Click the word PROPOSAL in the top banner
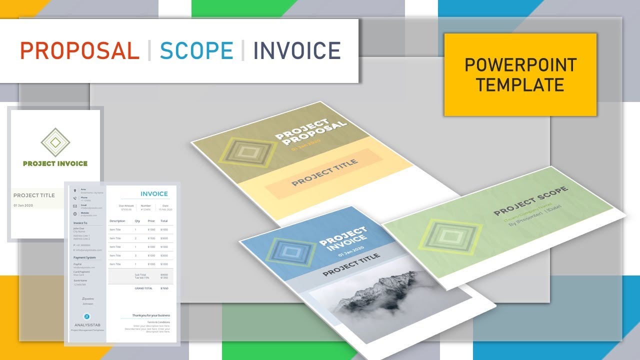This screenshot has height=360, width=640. click(x=79, y=51)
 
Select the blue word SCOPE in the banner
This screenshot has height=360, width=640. click(x=196, y=51)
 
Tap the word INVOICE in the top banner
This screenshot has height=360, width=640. click(x=297, y=51)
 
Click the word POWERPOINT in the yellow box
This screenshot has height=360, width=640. click(x=520, y=65)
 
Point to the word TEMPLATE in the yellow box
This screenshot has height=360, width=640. click(x=520, y=85)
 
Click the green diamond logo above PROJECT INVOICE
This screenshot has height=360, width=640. click(x=55, y=142)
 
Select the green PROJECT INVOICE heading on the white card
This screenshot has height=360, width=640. click(x=55, y=163)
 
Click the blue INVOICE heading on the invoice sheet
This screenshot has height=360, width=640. click(x=154, y=194)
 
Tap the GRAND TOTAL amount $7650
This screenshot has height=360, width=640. click(x=164, y=288)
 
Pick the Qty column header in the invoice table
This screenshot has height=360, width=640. click(x=137, y=220)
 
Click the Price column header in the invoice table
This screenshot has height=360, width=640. click(x=151, y=220)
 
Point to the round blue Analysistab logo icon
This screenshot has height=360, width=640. click(x=87, y=316)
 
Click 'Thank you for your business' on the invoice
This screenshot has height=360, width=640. click(x=151, y=315)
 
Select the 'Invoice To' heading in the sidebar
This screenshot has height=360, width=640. click(x=80, y=223)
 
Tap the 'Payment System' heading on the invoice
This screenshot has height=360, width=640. click(x=84, y=258)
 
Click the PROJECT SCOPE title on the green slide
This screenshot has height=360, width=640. click(x=530, y=201)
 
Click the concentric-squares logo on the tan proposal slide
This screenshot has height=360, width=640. click(x=244, y=152)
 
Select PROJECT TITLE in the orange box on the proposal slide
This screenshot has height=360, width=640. click(x=324, y=172)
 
